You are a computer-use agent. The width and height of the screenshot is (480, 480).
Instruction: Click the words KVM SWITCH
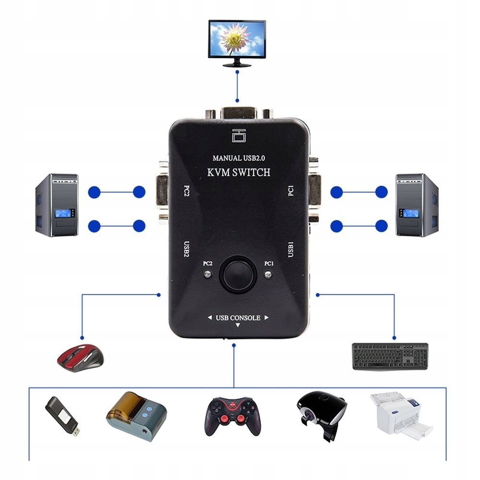pos(239,172)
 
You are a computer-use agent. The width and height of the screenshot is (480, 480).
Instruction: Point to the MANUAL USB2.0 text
pos(238,157)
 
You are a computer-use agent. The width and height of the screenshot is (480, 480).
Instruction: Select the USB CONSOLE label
pos(238,318)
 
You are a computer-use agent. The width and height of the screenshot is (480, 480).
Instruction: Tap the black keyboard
pos(390,356)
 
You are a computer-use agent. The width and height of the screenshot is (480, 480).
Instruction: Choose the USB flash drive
pos(62,416)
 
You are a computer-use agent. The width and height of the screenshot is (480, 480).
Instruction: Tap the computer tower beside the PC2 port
pos(57,205)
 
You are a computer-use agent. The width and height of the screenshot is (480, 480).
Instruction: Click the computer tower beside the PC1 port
pos(416,205)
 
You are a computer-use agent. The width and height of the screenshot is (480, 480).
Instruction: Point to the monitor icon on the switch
pos(239,136)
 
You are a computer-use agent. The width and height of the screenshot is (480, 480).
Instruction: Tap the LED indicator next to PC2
pos(207,275)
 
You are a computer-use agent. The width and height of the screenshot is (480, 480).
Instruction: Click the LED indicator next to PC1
pos(268,275)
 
